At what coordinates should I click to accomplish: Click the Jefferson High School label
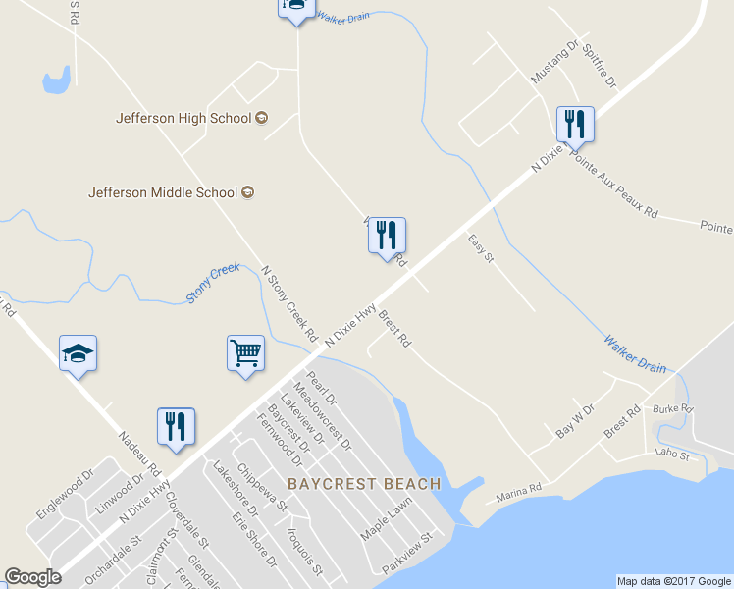tap(183, 118)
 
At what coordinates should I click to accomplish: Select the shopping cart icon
tap(245, 352)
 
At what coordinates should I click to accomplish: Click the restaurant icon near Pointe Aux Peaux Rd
tap(575, 124)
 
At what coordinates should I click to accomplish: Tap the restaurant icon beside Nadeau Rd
tap(177, 426)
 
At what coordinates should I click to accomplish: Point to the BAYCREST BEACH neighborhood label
tap(364, 485)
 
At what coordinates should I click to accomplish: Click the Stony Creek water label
tap(213, 282)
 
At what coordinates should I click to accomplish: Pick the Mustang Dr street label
tap(555, 61)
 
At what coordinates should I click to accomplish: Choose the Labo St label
tap(672, 455)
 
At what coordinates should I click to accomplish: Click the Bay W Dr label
tap(575, 420)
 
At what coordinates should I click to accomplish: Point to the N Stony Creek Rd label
tap(289, 302)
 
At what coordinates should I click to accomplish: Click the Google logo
tap(32, 577)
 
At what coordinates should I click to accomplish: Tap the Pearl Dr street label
tap(321, 390)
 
